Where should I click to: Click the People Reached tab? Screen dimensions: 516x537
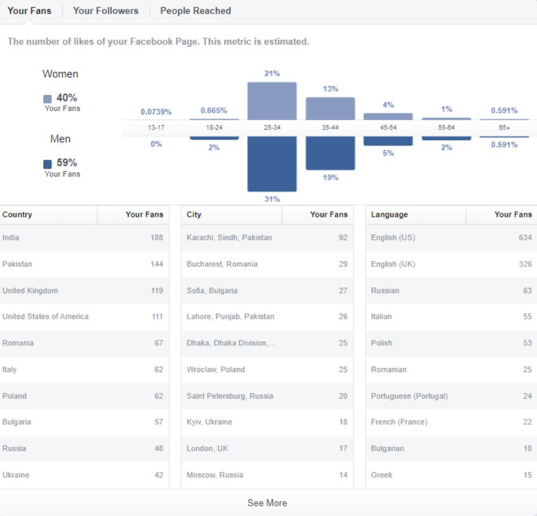tap(195, 11)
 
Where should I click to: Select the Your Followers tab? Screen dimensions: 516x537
tap(106, 11)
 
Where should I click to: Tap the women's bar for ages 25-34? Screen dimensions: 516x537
tap(272, 101)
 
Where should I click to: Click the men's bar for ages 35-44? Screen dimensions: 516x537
tap(330, 153)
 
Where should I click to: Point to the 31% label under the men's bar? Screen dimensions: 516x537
tap(272, 199)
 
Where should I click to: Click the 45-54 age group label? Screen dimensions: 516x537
tap(388, 128)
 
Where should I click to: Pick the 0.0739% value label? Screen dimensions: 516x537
tap(156, 112)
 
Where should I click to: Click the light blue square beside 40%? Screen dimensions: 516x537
tap(48, 99)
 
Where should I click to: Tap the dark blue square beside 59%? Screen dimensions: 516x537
tap(48, 164)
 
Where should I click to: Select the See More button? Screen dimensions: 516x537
tap(267, 503)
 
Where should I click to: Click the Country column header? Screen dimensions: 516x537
tap(17, 214)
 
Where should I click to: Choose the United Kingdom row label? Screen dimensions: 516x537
tap(30, 290)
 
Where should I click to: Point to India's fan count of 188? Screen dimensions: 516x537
tap(157, 237)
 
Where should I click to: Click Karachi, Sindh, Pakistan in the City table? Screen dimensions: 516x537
tap(229, 237)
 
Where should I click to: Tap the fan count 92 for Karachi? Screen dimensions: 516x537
tap(343, 237)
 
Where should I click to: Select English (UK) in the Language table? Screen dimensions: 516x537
tap(393, 264)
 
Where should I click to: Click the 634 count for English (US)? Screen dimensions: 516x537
tap(525, 237)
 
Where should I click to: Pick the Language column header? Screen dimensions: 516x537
tap(389, 214)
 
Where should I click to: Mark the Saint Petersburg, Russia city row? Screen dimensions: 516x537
tap(230, 396)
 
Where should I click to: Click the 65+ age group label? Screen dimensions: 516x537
tap(505, 128)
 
